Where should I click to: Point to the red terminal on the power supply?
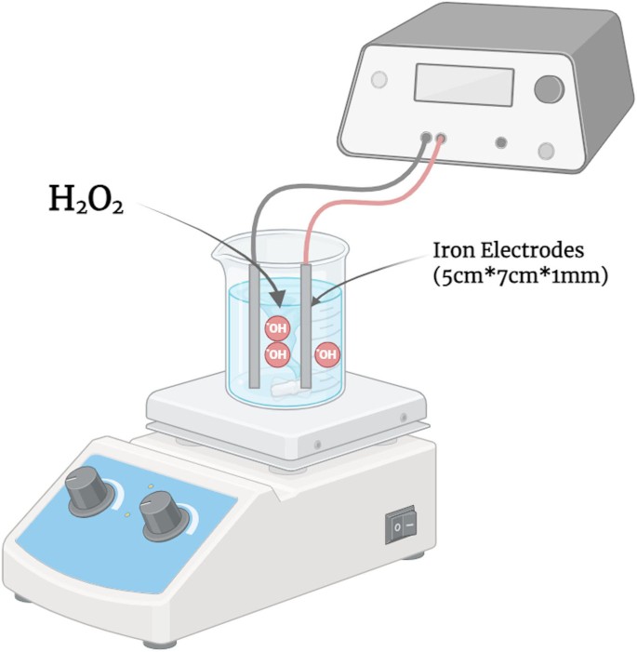(x=441, y=138)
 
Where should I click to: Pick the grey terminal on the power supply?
(x=426, y=138)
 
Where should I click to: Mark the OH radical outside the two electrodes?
(x=326, y=354)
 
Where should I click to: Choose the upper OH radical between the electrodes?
(x=277, y=327)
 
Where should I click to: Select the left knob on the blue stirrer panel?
(x=86, y=490)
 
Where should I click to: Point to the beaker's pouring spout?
(x=219, y=249)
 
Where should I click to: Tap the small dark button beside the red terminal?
(x=502, y=143)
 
